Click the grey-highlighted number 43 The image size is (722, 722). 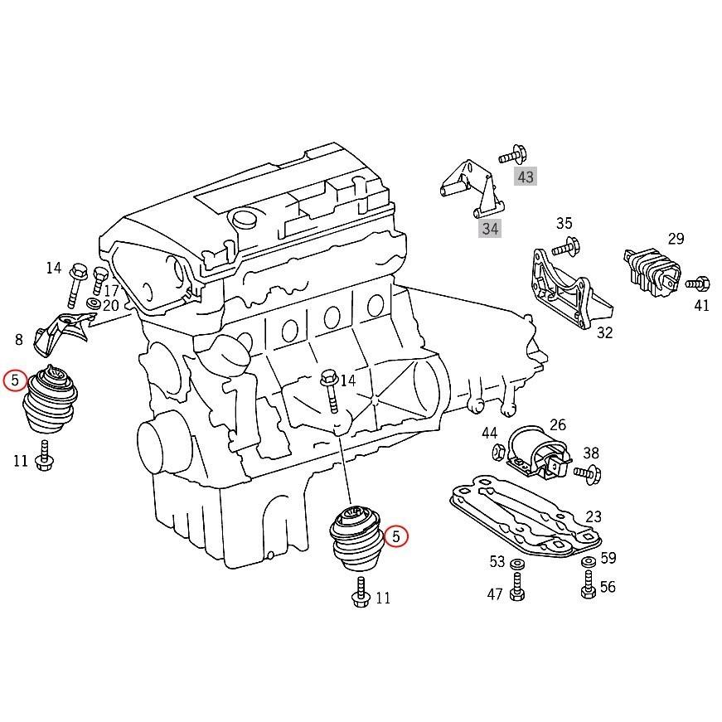tap(526, 177)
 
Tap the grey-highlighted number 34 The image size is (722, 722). tap(490, 228)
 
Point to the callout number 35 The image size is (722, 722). tap(564, 223)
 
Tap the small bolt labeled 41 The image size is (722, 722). tap(698, 283)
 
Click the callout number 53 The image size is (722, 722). tap(497, 562)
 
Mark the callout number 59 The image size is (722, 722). tap(608, 559)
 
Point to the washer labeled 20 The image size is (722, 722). tap(93, 306)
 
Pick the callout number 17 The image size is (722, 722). tap(110, 291)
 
